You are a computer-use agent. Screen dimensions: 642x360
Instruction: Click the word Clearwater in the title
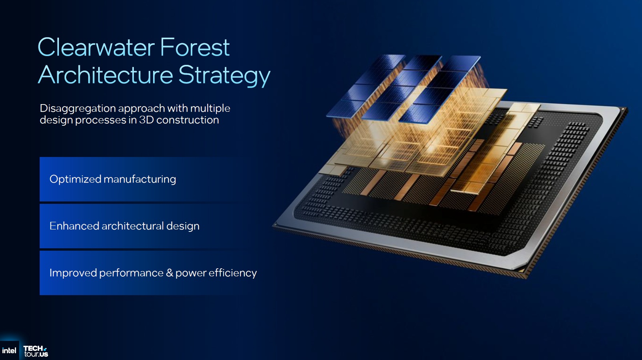[96, 47]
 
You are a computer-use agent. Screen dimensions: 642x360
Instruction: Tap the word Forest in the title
[195, 47]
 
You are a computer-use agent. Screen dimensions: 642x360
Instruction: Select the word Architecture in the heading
[105, 75]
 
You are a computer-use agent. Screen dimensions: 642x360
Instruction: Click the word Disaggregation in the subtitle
[77, 109]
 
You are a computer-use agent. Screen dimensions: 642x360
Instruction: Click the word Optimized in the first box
[75, 179]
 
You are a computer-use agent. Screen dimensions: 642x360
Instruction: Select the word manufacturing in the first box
[139, 179]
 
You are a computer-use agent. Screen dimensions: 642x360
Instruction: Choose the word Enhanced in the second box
[74, 226]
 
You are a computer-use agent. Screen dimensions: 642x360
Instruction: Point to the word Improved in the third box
[73, 273]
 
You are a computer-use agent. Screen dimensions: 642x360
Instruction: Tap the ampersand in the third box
[170, 273]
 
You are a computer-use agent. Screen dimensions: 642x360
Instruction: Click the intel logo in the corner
[9, 350]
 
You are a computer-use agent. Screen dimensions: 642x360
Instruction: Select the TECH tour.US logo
[36, 351]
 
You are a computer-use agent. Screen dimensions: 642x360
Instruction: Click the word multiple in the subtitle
[210, 109]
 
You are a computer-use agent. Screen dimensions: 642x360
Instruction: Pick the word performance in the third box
[131, 274]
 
